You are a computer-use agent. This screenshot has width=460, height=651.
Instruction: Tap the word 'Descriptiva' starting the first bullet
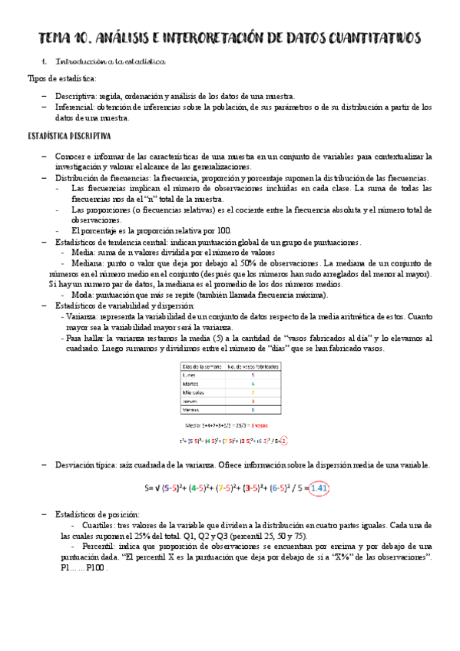[x=74, y=96]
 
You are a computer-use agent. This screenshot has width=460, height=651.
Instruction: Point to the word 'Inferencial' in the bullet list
[x=74, y=107]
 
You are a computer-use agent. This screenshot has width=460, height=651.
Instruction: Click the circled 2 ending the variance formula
[x=283, y=441]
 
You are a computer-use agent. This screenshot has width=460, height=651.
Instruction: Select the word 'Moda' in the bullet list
[x=84, y=295]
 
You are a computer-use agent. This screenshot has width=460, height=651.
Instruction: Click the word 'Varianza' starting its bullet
[x=82, y=316]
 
